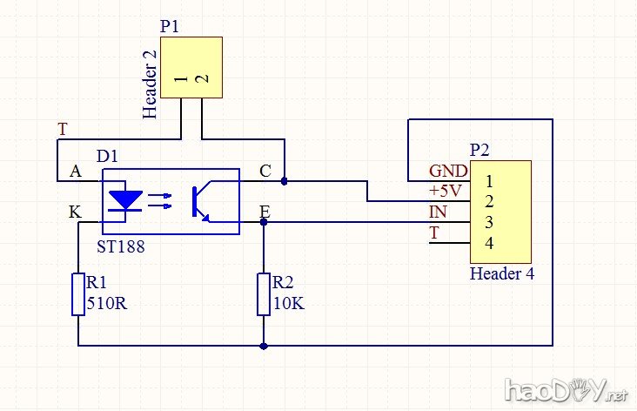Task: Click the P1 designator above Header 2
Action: (170, 26)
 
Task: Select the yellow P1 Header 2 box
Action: (191, 68)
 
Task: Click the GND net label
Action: (447, 171)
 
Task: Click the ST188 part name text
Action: (121, 246)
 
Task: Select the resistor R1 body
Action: (78, 293)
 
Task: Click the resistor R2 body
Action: (264, 293)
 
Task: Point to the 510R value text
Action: (105, 304)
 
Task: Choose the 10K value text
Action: (288, 304)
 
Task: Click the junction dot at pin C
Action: (284, 181)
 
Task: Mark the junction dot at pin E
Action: (264, 221)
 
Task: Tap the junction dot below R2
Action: (264, 346)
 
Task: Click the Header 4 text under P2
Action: (502, 273)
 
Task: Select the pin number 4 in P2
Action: (490, 243)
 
